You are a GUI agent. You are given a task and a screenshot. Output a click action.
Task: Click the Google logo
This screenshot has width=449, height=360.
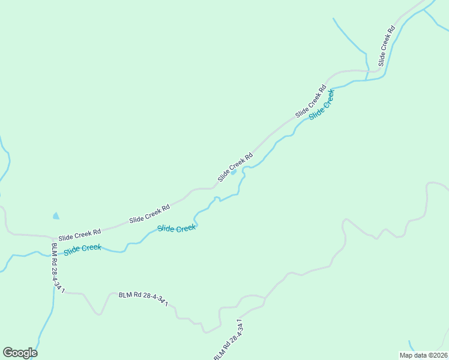tap(20, 353)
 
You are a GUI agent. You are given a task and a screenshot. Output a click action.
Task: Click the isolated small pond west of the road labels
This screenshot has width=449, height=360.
tap(56, 215)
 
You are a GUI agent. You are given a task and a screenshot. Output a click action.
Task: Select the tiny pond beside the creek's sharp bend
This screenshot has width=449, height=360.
tap(234, 172)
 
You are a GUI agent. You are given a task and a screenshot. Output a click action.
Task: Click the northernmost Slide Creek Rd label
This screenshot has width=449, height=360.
tap(386, 46)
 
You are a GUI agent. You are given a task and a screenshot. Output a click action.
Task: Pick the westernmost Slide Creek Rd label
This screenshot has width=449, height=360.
tap(79, 234)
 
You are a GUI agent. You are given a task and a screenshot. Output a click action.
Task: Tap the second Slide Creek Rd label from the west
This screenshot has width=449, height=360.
tap(149, 214)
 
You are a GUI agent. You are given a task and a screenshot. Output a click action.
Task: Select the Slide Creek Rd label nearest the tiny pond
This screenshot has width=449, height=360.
tap(235, 166)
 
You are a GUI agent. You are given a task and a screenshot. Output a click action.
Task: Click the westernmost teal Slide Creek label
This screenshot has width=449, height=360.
tap(82, 248)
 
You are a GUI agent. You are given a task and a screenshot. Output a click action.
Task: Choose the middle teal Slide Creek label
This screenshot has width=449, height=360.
tap(176, 229)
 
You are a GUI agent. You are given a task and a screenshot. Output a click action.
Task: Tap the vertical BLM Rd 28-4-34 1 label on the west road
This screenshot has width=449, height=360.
tap(58, 267)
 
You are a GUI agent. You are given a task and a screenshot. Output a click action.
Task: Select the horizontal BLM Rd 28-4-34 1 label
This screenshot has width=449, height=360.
tap(143, 298)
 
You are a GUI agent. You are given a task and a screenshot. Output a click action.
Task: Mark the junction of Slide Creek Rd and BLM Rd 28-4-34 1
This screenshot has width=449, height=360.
tap(50, 238)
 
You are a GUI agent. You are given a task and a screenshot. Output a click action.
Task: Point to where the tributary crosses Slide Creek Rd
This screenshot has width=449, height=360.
tap(367, 71)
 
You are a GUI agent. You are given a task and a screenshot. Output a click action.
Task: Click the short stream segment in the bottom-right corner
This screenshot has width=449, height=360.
tap(412, 346)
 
